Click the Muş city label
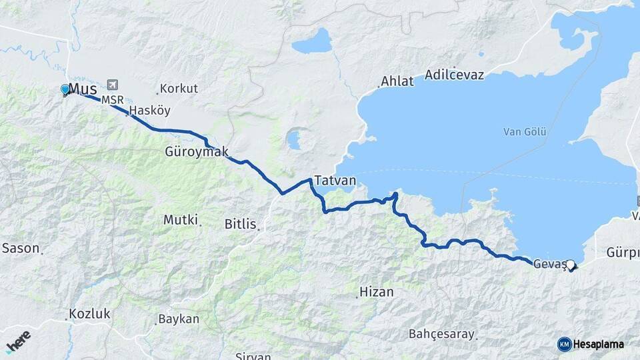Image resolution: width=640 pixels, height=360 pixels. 83,89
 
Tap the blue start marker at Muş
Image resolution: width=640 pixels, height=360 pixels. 65,89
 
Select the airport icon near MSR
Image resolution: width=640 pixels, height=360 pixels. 111,85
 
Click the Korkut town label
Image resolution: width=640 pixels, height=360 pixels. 179,88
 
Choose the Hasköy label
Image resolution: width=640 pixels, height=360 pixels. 150,110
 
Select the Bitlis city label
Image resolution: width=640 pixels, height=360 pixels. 241,224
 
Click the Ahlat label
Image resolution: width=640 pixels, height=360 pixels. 397,81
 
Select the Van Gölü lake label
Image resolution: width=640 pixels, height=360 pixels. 525,132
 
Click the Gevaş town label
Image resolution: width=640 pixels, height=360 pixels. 549,263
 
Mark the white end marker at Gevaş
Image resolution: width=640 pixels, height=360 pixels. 571,264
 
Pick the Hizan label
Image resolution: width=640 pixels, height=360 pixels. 377,292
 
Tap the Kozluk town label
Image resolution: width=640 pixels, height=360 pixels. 90,314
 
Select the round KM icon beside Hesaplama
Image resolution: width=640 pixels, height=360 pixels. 564,344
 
